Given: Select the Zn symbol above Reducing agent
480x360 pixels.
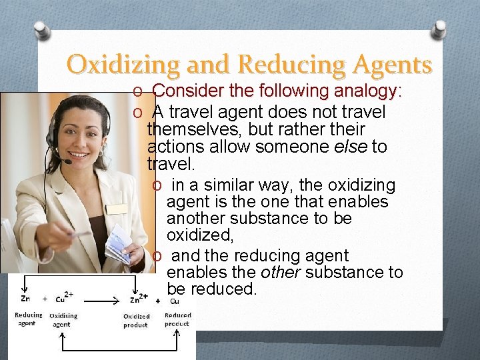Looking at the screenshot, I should tap(25, 299).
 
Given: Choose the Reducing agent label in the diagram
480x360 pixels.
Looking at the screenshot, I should tap(28, 319).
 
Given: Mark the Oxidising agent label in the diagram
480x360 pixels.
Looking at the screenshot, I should tap(63, 320).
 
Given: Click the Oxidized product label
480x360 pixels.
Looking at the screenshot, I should tap(136, 321).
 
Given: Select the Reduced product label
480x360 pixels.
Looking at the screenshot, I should tap(177, 319).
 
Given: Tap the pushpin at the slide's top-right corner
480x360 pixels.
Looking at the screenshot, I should tap(439, 28).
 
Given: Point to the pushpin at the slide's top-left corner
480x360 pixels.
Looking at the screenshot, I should tap(41, 29).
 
